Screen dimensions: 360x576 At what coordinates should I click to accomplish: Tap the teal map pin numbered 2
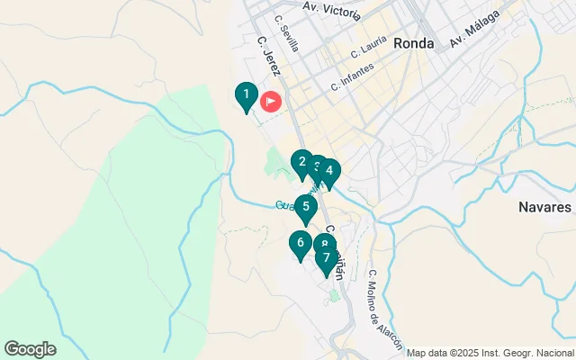point(302,163)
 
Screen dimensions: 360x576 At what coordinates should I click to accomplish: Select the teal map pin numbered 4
point(330,171)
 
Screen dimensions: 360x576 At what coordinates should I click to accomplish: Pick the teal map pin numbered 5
point(306,208)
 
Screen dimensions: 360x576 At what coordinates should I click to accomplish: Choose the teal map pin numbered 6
point(301,243)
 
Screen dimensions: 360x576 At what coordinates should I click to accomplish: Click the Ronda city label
point(414,43)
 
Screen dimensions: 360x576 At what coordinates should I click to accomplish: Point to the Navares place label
point(544,207)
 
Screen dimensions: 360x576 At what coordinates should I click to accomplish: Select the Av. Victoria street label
point(332,11)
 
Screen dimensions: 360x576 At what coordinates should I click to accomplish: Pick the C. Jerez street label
point(267,55)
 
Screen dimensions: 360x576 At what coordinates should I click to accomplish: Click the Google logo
point(30,349)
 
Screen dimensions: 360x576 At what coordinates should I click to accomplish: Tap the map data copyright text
point(490,353)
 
